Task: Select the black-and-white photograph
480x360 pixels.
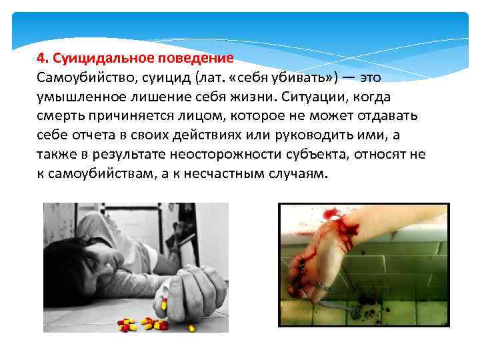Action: click(x=135, y=267)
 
